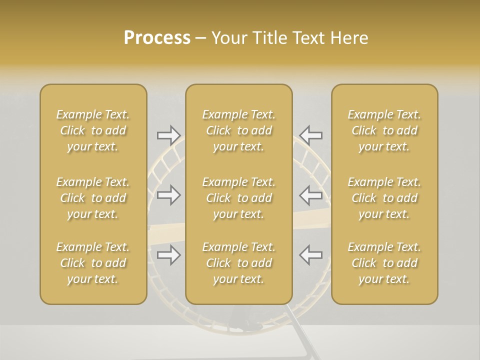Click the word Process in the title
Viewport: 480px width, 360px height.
coord(157,38)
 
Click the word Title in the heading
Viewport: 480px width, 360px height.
coord(268,38)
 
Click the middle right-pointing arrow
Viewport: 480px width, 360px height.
coord(168,195)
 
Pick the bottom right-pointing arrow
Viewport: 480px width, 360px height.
coord(168,255)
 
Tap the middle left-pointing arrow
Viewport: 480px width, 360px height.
coord(310,195)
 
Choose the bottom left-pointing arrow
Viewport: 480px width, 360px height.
coord(310,255)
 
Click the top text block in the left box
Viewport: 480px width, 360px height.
coord(93,130)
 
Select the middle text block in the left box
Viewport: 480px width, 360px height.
coord(93,198)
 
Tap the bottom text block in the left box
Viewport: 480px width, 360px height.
coord(93,263)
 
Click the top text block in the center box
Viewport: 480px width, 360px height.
coord(238,130)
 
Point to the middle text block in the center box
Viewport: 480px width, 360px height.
coord(238,198)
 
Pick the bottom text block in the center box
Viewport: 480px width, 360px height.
coord(238,263)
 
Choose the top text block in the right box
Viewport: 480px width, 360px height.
coord(384,130)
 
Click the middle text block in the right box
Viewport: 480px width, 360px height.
coord(384,198)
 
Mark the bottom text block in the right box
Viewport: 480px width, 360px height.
coord(384,263)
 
